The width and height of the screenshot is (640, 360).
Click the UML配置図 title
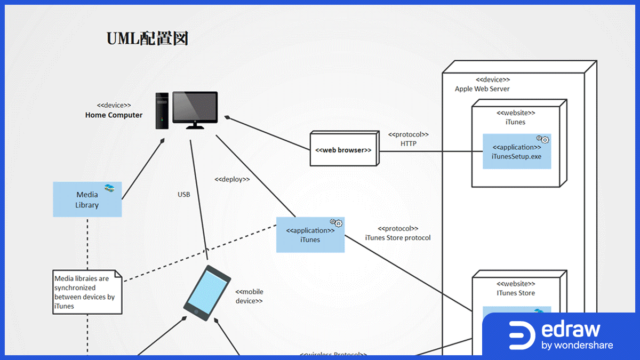click(147, 39)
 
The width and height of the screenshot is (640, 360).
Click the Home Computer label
click(114, 115)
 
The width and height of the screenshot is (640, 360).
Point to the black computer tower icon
click(162, 110)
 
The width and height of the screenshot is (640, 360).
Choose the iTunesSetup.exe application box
click(516, 151)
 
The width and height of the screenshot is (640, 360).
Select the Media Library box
click(87, 199)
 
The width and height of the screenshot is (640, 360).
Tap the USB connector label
click(183, 195)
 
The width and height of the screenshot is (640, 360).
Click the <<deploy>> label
click(232, 179)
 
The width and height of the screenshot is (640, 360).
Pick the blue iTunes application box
click(310, 235)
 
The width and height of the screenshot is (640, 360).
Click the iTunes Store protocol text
click(397, 237)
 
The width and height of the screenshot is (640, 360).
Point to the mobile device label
click(249, 296)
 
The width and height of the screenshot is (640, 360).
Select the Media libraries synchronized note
click(87, 292)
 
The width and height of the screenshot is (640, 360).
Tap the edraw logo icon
click(522, 334)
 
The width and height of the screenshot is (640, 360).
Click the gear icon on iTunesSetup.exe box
click(542, 140)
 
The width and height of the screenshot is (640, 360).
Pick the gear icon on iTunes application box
click(336, 223)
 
